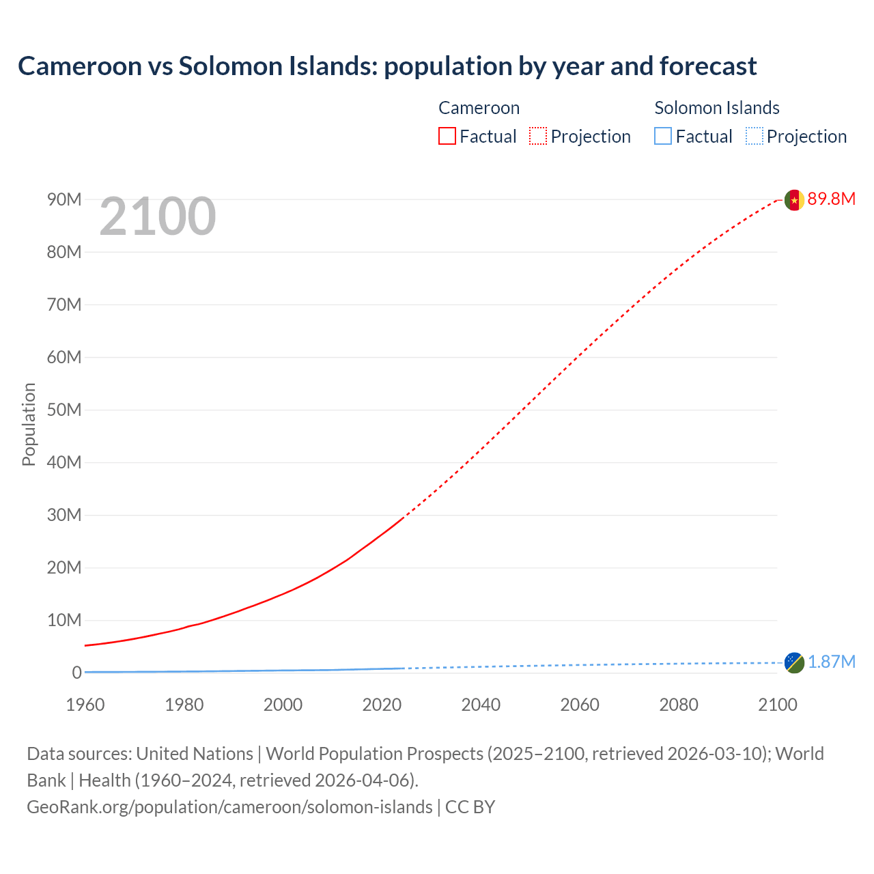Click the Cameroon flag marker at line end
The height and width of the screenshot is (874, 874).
[x=793, y=200]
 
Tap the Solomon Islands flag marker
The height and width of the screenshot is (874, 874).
[x=793, y=662]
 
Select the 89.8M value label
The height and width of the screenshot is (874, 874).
[x=831, y=199]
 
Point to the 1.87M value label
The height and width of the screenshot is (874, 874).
[x=832, y=662]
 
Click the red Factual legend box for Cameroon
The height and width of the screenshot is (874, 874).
[x=447, y=137]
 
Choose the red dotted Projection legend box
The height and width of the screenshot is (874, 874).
[x=538, y=137]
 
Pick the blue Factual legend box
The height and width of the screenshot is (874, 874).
[x=663, y=137]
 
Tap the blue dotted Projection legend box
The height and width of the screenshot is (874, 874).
[x=755, y=137]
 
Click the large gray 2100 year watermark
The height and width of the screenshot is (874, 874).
[x=158, y=217]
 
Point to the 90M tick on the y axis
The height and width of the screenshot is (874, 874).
[x=64, y=199]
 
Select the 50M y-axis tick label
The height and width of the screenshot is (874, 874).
[x=64, y=410]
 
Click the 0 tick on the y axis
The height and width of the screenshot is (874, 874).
[x=76, y=673]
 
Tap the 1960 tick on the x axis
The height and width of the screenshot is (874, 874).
[x=85, y=705]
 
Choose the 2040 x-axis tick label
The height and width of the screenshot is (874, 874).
[x=481, y=705]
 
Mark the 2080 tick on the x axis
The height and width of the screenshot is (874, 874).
[x=679, y=705]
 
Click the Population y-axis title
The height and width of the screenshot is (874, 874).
[x=29, y=424]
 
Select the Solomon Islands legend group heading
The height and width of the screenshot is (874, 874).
[x=717, y=108]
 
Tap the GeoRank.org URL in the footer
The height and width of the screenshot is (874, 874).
[x=229, y=807]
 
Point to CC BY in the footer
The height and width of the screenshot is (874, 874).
[x=470, y=807]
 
